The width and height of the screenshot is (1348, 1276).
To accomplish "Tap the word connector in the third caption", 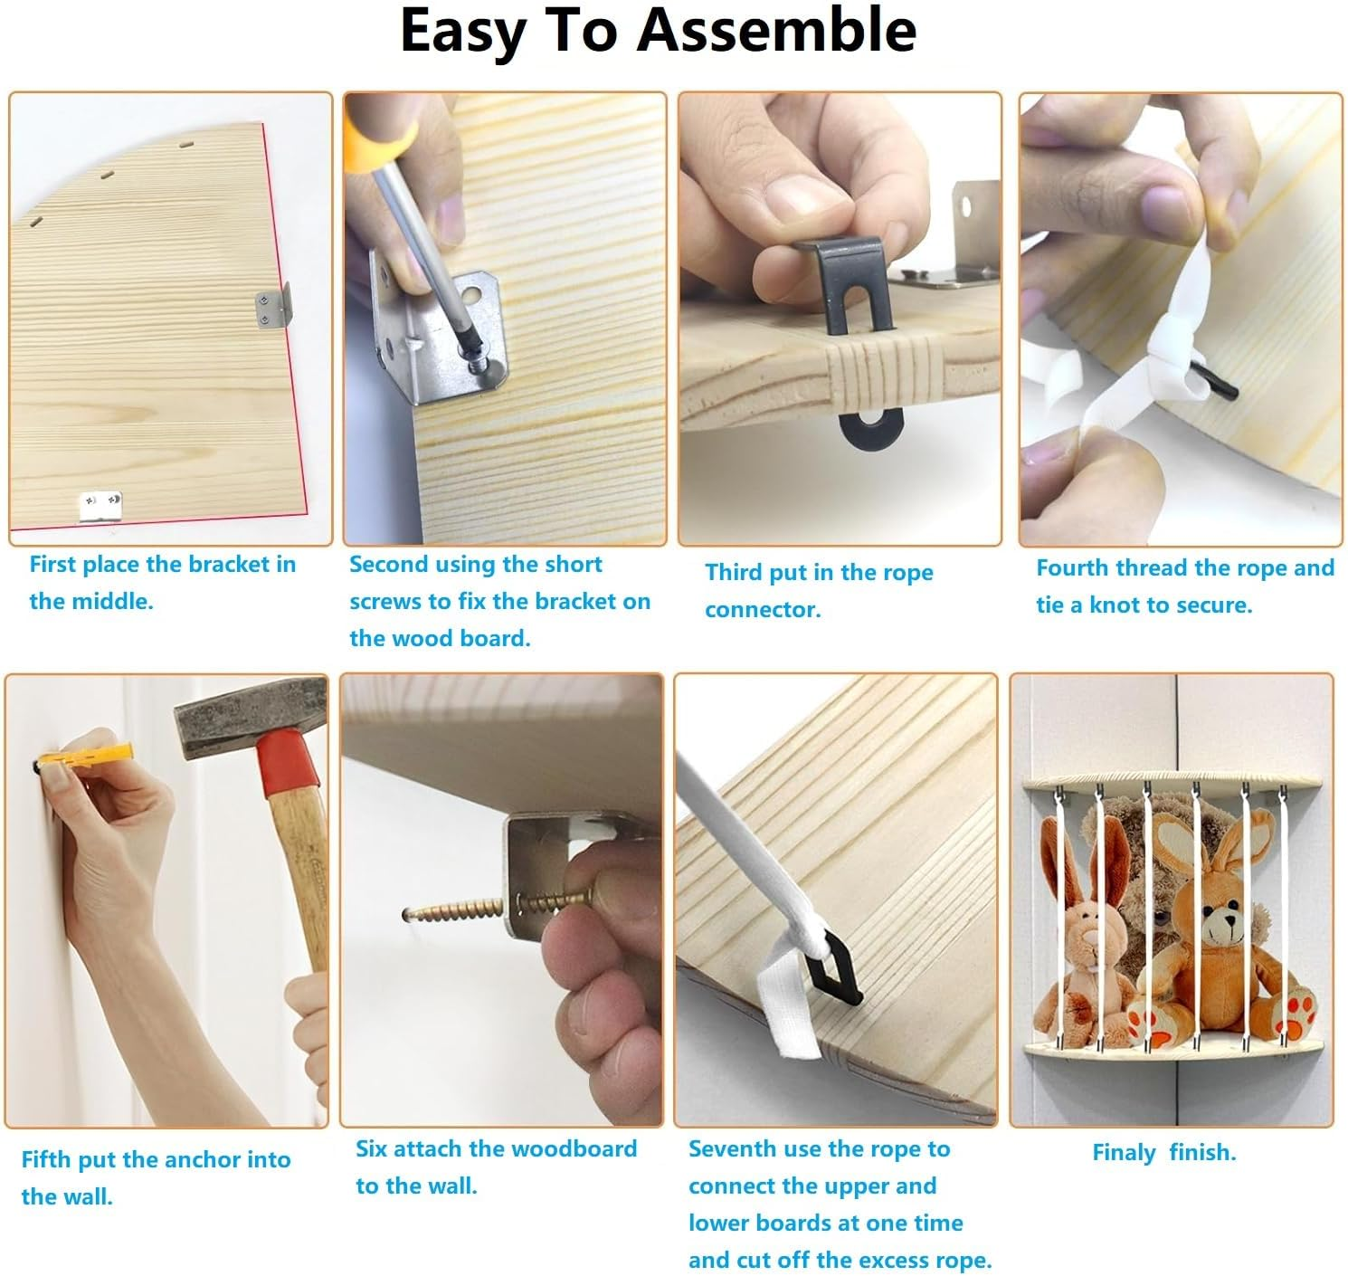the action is click(x=763, y=609).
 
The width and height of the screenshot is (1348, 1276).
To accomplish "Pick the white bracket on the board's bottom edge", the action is click(x=100, y=506).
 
